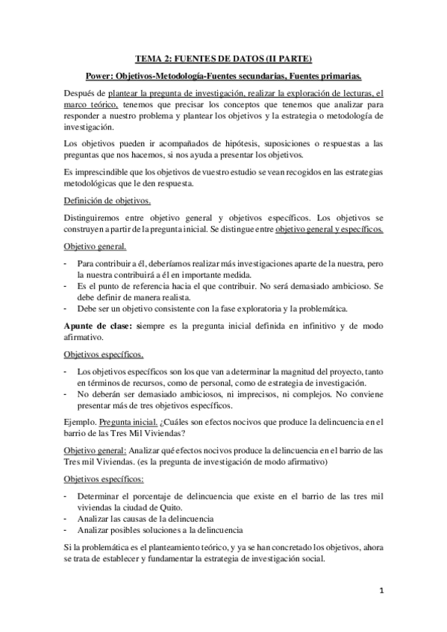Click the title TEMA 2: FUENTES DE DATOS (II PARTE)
pyautogui.click(x=223, y=59)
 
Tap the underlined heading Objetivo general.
pyautogui.click(x=95, y=247)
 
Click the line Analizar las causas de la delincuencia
pyautogui.click(x=146, y=518)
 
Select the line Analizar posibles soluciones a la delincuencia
pyautogui.click(x=160, y=530)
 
